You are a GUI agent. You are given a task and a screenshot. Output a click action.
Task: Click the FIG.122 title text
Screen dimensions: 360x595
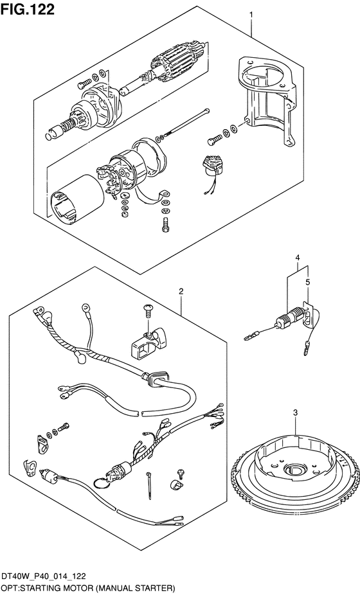tap(28, 9)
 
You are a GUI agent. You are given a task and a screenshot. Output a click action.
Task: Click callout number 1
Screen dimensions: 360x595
tap(251, 15)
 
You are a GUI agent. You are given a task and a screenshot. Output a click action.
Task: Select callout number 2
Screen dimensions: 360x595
tap(181, 291)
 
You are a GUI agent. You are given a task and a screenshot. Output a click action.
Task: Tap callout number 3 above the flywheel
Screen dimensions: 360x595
tap(296, 413)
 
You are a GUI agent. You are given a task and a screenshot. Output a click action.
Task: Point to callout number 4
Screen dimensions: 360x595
tap(298, 258)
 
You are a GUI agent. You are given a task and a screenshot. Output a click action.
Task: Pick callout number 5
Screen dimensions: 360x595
tap(307, 282)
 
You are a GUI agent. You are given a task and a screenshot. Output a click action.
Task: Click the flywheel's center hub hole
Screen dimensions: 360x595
tap(294, 468)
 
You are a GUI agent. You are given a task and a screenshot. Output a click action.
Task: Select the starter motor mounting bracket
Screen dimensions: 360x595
tap(267, 100)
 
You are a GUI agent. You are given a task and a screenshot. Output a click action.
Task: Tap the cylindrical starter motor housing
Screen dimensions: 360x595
tap(78, 200)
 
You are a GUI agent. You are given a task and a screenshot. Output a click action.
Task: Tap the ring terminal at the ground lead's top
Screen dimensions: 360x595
tap(85, 306)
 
